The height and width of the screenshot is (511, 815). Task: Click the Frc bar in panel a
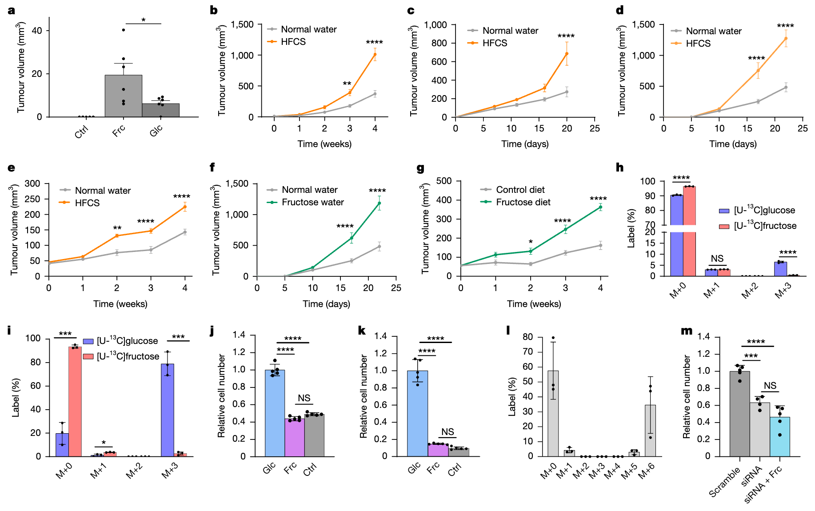click(123, 96)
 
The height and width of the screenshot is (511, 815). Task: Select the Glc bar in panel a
click(160, 110)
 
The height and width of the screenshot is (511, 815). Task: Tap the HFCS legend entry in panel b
click(293, 42)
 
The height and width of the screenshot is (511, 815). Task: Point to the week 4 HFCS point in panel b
click(375, 55)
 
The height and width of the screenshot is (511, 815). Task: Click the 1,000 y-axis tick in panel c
click(435, 25)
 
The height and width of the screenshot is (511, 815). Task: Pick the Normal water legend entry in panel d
click(713, 31)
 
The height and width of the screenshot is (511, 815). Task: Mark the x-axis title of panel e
click(120, 304)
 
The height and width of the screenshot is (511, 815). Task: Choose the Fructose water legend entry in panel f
click(312, 202)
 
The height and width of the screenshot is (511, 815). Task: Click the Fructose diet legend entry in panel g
click(523, 202)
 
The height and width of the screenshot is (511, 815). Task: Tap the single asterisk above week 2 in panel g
click(531, 243)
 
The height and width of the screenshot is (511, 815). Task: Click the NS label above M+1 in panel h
click(717, 259)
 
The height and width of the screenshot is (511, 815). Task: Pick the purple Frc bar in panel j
click(294, 437)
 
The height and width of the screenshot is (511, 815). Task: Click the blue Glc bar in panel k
click(417, 413)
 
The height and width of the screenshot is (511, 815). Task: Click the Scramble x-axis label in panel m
click(725, 482)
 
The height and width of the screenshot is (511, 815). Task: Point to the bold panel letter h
click(619, 168)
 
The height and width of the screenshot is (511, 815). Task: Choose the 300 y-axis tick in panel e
click(32, 184)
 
